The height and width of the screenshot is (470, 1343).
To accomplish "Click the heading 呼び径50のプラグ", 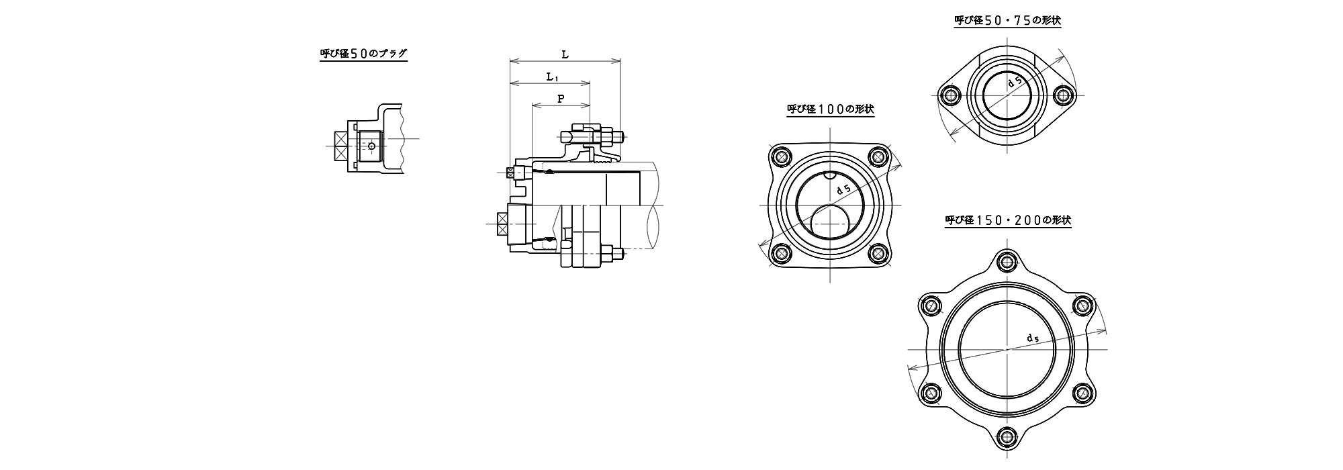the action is coord(363,54).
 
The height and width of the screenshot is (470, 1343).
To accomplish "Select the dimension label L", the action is coord(565,54).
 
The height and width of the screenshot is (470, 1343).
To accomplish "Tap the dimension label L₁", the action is coord(551,77).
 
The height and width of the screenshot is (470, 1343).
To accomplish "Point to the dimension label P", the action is coord(561,99).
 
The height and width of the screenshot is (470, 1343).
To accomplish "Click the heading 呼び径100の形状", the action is coord(831,109).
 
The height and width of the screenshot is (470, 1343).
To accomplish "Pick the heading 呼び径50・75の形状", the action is coord(1007,21).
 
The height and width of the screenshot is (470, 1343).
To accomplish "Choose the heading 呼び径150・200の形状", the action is coord(1008,220).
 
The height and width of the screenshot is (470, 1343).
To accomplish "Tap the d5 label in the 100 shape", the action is coord(844,190).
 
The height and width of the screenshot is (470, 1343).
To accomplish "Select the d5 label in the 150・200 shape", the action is coord(1033,338).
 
